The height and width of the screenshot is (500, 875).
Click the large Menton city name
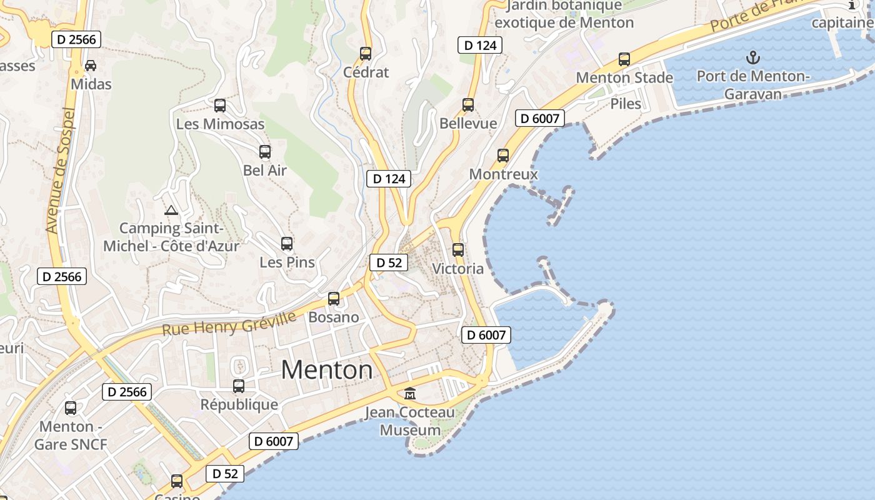click(326, 369)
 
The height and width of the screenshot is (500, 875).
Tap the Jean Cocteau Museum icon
click(410, 394)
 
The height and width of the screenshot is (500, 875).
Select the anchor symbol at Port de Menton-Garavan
click(753, 58)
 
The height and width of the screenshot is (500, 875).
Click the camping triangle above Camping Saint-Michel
click(171, 210)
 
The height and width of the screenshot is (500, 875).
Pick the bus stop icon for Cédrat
click(366, 54)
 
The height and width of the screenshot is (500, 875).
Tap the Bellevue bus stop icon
click(468, 105)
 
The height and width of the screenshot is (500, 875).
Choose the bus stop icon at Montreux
click(503, 156)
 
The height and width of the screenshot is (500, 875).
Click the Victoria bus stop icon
click(458, 250)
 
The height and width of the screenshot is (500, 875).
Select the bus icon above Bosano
click(334, 299)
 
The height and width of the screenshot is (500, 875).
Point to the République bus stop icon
click(239, 386)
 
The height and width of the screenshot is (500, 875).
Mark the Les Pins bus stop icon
click(287, 244)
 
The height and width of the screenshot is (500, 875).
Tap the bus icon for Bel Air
click(265, 152)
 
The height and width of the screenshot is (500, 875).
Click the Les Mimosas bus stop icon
click(220, 106)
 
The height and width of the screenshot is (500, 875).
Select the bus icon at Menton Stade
click(624, 59)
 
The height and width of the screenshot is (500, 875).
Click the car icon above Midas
click(91, 65)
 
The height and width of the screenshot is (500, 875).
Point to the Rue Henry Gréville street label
click(229, 324)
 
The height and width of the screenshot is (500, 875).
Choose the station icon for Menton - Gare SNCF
click(71, 408)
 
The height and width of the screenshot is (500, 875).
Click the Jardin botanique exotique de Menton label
click(564, 14)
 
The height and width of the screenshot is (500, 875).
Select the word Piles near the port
click(626, 104)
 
